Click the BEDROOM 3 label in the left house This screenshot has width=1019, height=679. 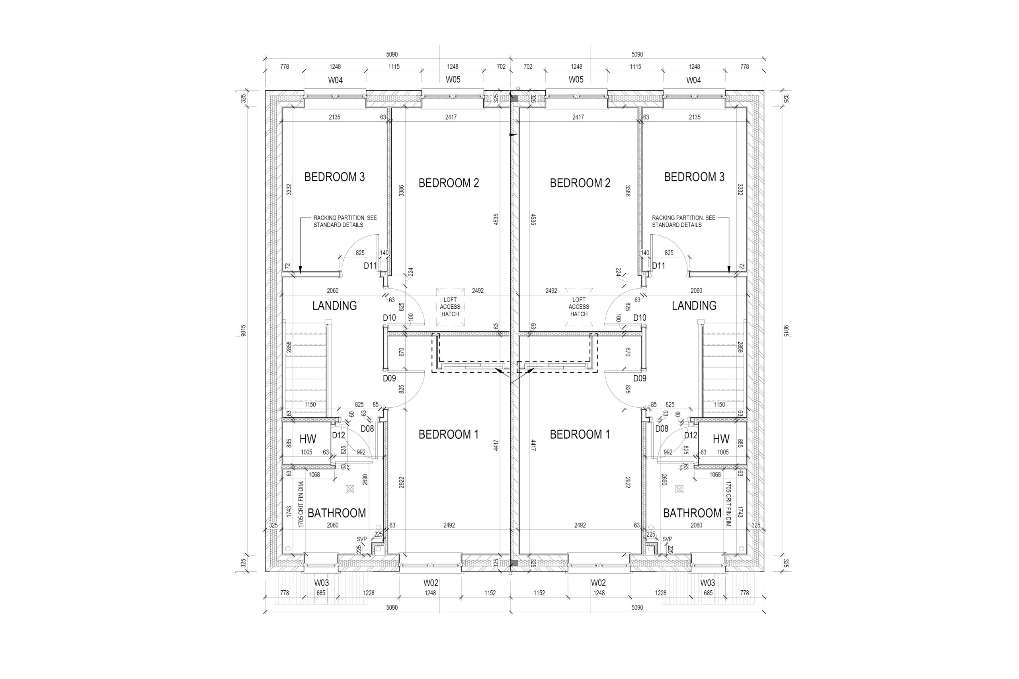(x=334, y=177)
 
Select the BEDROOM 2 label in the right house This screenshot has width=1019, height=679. (x=580, y=183)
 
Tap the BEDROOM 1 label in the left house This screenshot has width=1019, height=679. (x=449, y=434)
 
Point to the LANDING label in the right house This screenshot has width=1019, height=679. (x=694, y=306)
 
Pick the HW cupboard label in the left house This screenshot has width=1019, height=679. (x=308, y=439)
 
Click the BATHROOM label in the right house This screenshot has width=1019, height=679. (x=692, y=513)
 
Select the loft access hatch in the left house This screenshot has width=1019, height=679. (x=450, y=307)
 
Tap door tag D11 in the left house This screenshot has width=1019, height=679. (x=370, y=266)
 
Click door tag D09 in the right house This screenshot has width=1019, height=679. (x=640, y=378)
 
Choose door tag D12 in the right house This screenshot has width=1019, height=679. (x=691, y=435)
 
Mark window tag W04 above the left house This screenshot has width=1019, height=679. (x=335, y=80)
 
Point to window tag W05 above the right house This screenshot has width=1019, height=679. (x=576, y=80)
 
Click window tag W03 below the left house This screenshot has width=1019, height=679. (x=321, y=583)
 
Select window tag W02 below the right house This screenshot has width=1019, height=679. (x=598, y=583)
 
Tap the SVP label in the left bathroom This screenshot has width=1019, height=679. (x=362, y=539)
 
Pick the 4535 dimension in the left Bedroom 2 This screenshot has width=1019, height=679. (x=496, y=219)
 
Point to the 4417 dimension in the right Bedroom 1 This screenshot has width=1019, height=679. (x=533, y=446)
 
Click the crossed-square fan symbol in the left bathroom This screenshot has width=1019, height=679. (x=349, y=489)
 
